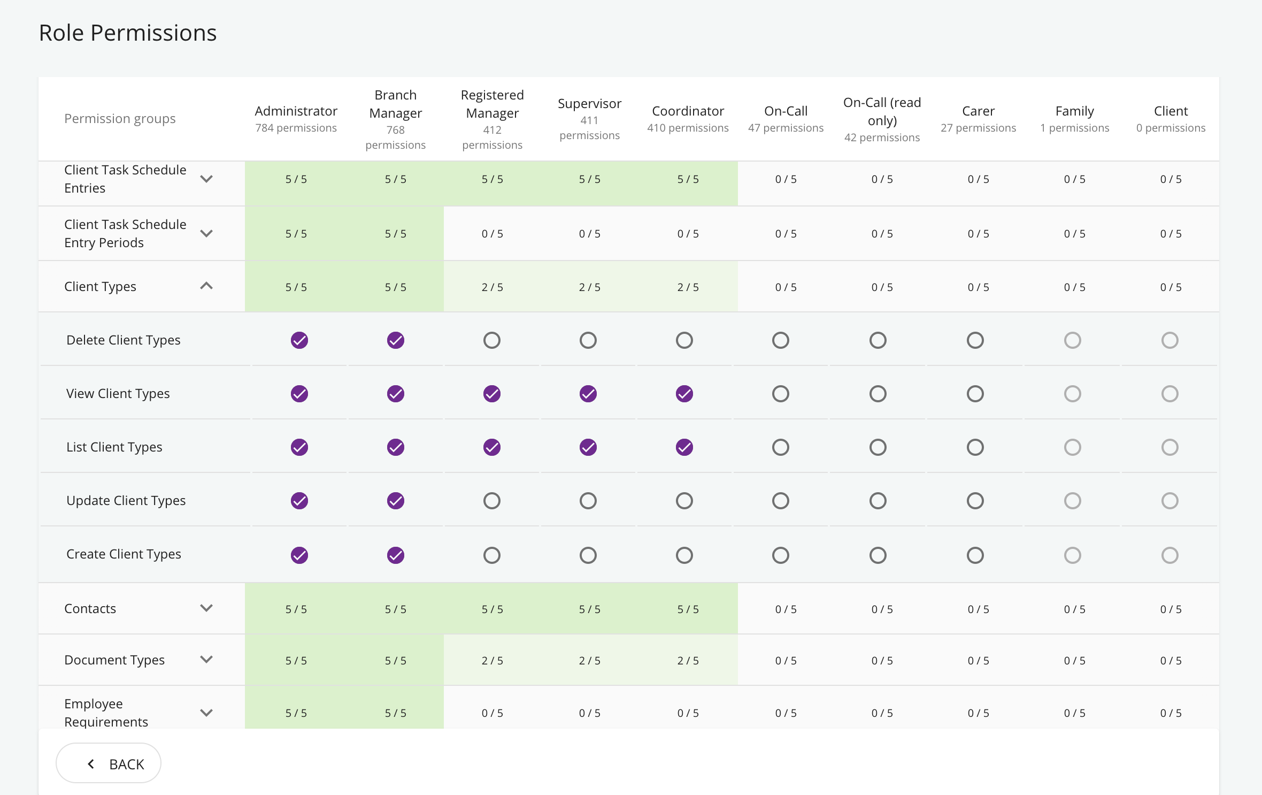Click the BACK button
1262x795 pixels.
click(109, 763)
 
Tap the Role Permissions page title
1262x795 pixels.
click(128, 33)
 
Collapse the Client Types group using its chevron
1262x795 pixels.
click(206, 286)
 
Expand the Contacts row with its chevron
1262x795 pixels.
click(206, 608)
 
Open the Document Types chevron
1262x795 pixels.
click(206, 660)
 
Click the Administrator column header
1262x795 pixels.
click(296, 111)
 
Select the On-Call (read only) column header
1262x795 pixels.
click(882, 111)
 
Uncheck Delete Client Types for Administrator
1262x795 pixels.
click(299, 340)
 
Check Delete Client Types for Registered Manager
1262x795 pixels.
click(492, 340)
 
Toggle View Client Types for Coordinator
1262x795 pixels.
click(684, 394)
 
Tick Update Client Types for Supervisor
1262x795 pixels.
click(588, 501)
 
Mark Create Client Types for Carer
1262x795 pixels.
click(975, 555)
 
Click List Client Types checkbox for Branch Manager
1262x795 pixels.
click(396, 447)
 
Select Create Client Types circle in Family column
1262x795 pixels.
click(1073, 555)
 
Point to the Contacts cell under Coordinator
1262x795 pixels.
click(688, 609)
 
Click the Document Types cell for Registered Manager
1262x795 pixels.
click(493, 660)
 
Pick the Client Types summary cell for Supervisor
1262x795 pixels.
click(590, 287)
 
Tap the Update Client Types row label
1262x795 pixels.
click(126, 501)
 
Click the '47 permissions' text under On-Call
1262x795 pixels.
click(786, 128)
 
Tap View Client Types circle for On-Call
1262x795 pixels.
click(781, 394)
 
